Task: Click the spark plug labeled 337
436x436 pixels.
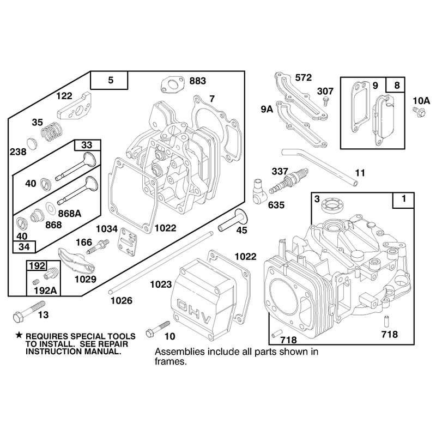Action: (289, 180)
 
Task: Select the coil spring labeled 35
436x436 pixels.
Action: (52, 131)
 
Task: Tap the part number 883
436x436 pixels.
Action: (198, 81)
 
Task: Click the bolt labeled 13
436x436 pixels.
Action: (29, 312)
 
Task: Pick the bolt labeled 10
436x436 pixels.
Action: (158, 329)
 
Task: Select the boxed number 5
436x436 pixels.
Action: (111, 80)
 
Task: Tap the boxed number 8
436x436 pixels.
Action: (397, 85)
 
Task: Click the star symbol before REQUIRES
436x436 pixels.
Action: (19, 335)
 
